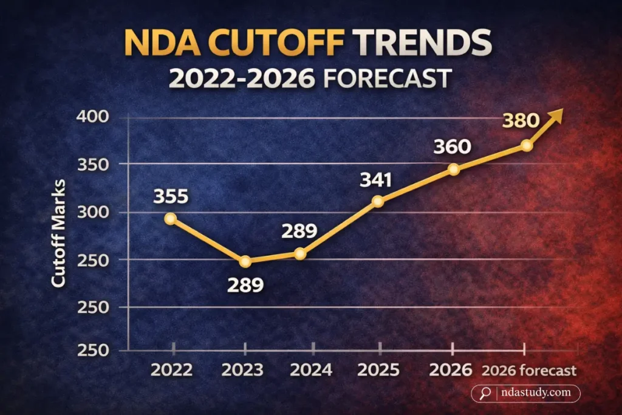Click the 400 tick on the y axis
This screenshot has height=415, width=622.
[93, 117]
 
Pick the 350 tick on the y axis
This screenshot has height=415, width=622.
[93, 164]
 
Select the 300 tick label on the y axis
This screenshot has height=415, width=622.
[93, 212]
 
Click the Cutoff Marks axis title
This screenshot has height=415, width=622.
[58, 235]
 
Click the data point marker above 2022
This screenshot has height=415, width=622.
[171, 219]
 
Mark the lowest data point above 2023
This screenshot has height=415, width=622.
[245, 261]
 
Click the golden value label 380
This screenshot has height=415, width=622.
[520, 120]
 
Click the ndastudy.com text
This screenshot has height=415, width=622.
[535, 393]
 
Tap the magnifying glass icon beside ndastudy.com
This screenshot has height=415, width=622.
[485, 393]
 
